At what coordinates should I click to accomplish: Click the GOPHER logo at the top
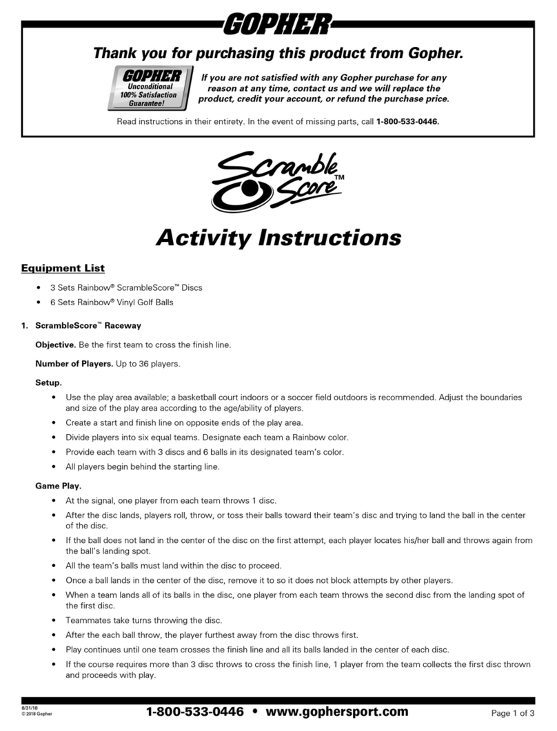coord(278,25)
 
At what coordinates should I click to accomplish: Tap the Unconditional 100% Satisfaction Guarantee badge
coord(149,88)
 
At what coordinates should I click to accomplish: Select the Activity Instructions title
coord(278,238)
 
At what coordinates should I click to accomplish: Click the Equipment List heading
coord(63,267)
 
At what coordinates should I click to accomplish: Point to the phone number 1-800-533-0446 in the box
coord(407,121)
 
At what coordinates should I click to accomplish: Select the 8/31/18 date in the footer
coord(30,708)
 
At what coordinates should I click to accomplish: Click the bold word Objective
coord(55,344)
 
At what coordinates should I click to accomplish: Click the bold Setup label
coord(48,382)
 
